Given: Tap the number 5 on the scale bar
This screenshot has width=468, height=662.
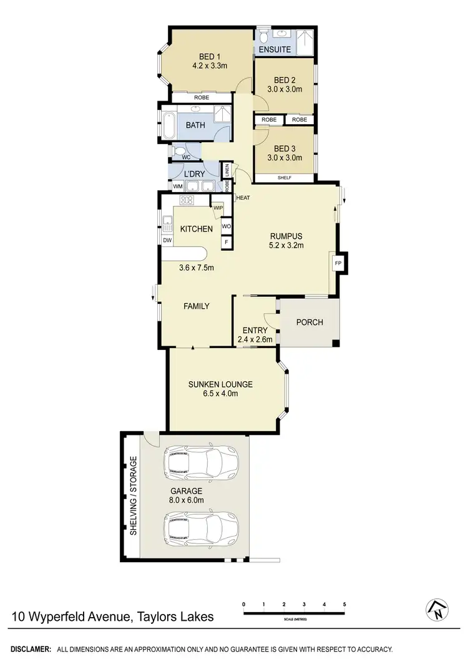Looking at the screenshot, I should click(344, 605).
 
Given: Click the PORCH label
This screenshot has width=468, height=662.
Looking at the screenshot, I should click(310, 323).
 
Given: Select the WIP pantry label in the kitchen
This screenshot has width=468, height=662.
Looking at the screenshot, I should click(218, 208).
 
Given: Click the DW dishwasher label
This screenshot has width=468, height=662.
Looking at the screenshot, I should click(167, 240).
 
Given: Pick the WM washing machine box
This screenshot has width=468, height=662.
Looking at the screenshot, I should click(177, 186).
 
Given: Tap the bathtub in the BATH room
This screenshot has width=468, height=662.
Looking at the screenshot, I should click(168, 125).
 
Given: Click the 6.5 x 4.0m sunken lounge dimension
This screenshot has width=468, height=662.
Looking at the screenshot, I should click(220, 394).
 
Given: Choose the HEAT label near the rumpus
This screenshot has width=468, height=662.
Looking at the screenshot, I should click(243, 198).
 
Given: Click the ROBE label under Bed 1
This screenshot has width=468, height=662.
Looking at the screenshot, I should click(201, 98).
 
